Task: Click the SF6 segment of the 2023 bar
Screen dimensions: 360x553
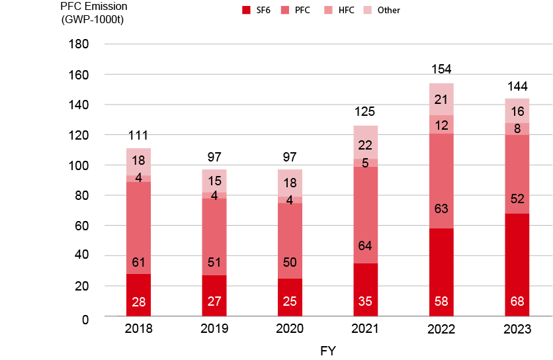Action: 517,265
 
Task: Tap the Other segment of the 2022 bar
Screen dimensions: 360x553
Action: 441,99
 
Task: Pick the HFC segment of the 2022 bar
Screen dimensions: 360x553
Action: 441,124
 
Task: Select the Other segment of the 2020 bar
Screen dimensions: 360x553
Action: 289,183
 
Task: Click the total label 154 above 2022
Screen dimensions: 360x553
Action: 441,69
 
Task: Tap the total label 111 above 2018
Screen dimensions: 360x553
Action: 138,135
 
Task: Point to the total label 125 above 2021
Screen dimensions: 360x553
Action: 364,113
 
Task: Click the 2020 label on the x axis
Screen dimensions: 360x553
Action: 289,330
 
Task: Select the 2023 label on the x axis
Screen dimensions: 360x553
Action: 517,330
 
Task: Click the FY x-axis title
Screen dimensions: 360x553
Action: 327,351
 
